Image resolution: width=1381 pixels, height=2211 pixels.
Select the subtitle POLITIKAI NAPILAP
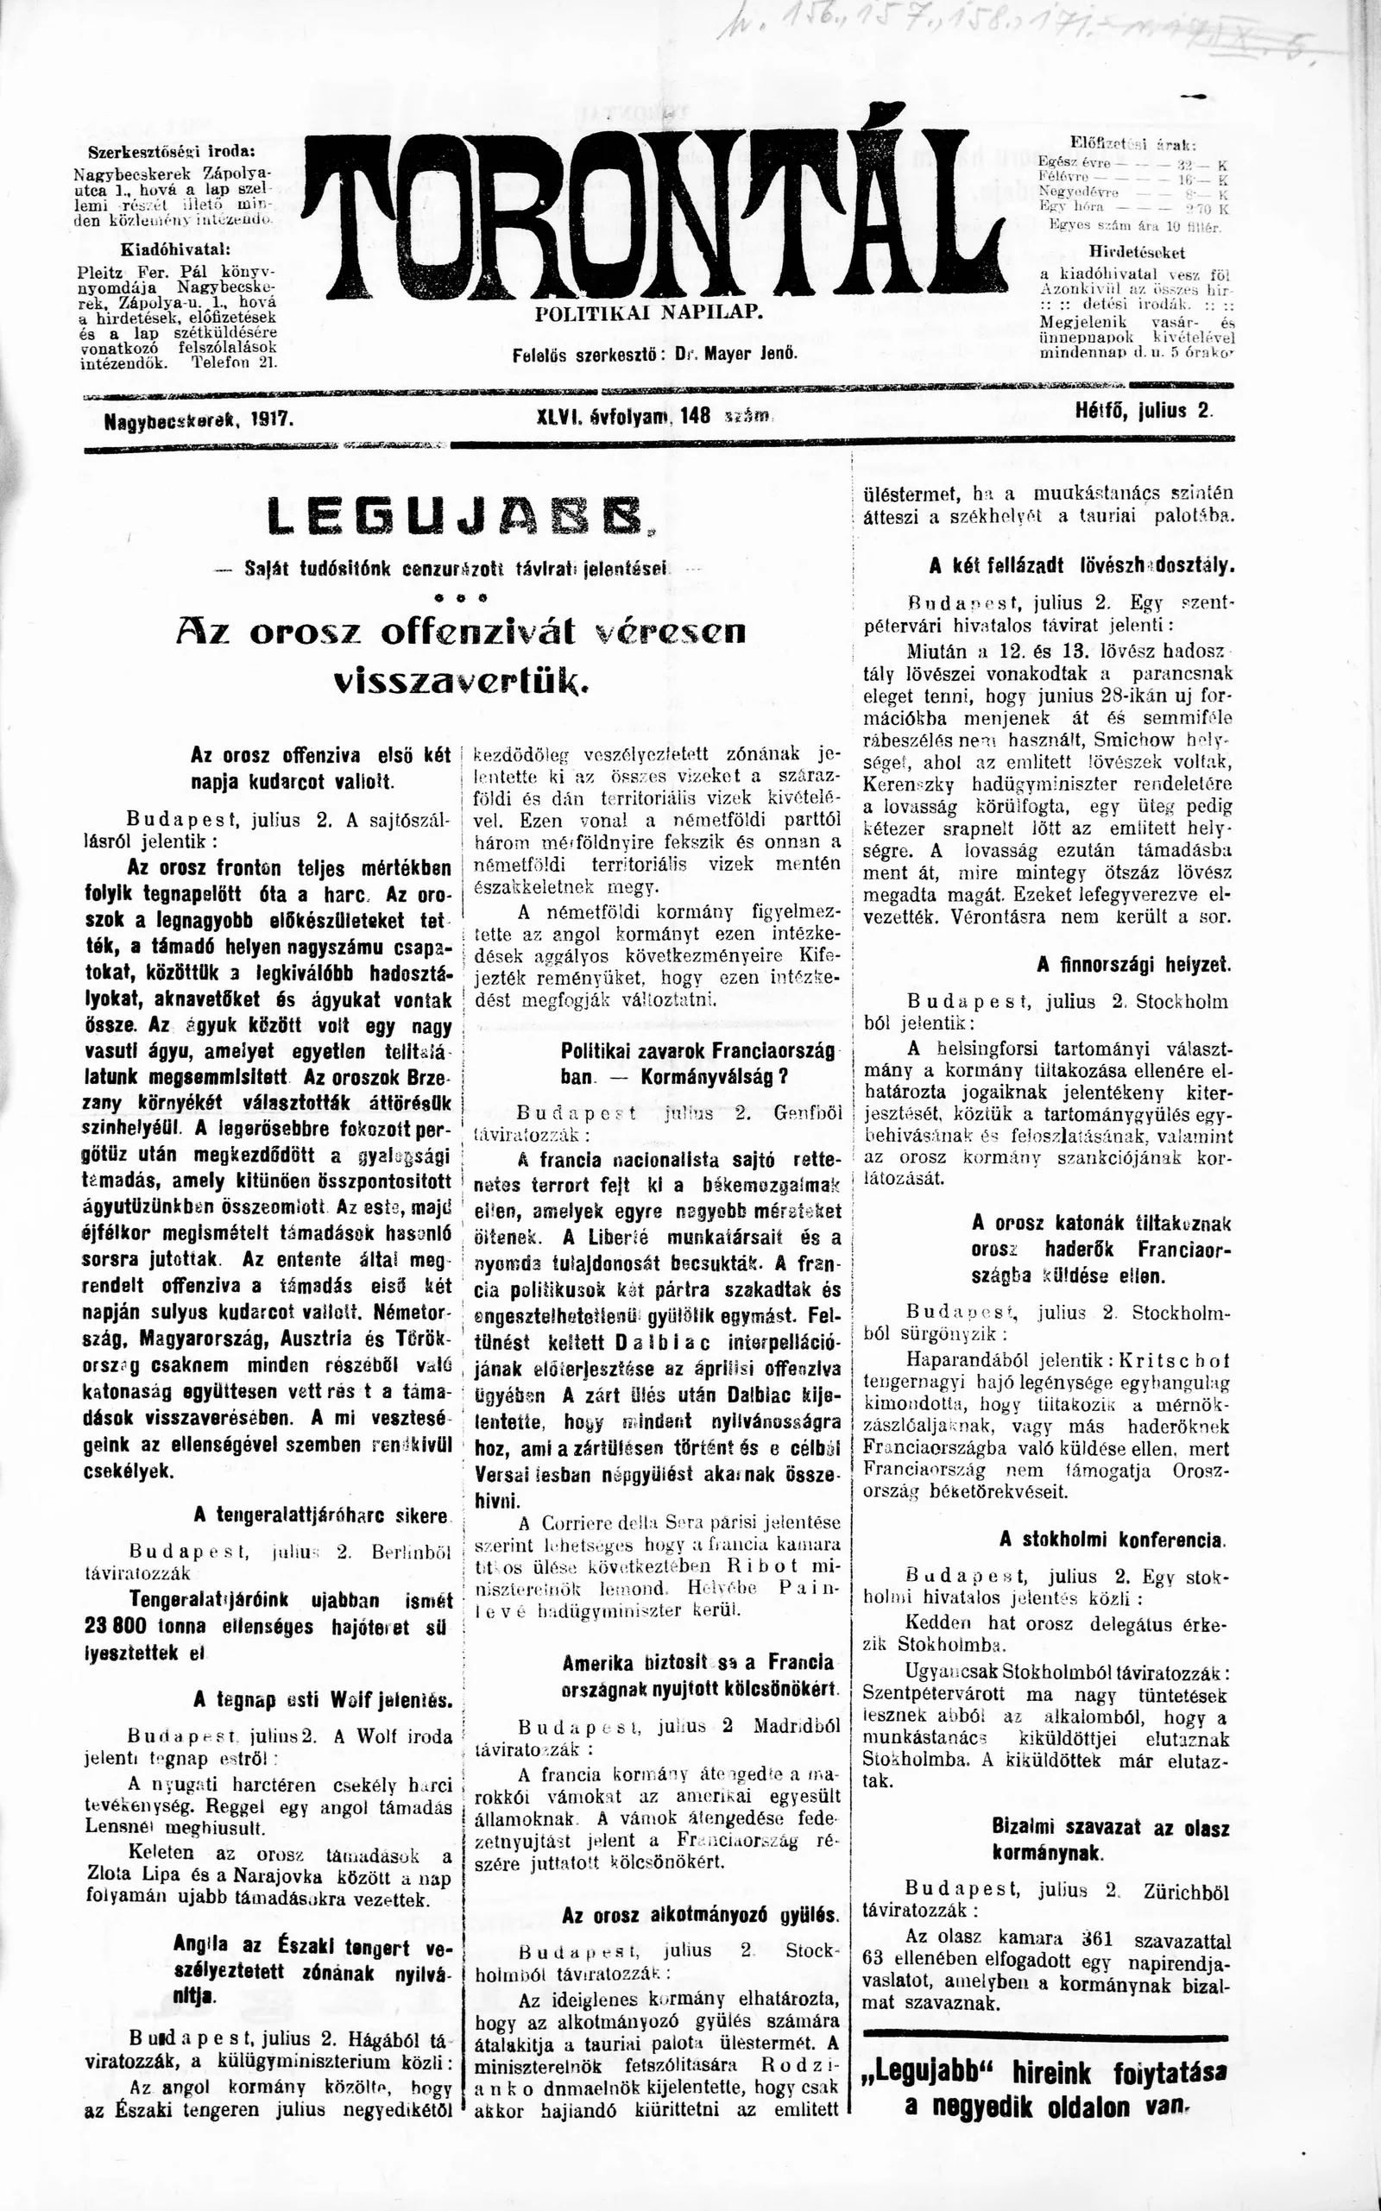point(648,312)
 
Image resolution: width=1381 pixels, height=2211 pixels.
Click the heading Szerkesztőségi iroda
point(171,152)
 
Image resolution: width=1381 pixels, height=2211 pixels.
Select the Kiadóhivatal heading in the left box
point(173,249)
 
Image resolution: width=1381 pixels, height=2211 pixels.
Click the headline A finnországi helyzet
point(1133,965)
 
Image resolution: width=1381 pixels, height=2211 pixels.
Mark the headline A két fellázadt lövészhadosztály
point(1081,565)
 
